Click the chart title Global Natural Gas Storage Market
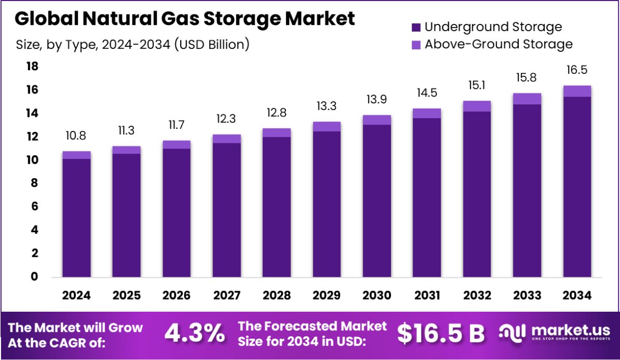tap(185, 19)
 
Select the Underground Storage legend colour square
tap(416, 27)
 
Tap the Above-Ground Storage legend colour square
tap(416, 44)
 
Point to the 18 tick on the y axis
tap(32, 66)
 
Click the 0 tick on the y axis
tap(34, 276)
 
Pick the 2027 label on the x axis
tap(226, 296)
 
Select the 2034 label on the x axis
tap(577, 296)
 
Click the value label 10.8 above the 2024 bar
tap(76, 137)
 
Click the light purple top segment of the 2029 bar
tap(327, 126)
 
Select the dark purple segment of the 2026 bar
tap(177, 213)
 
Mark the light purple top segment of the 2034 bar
tap(577, 91)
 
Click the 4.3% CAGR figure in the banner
tap(195, 334)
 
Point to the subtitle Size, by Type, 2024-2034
tap(132, 45)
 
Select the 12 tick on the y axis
tap(32, 137)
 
